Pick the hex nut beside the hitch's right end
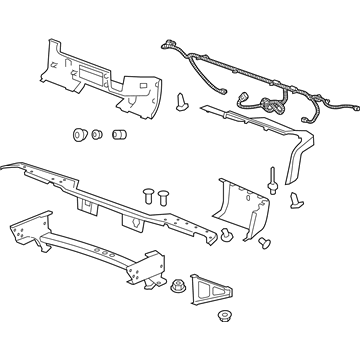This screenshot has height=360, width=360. pyautogui.click(x=177, y=285)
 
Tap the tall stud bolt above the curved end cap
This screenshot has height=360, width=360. pyautogui.click(x=272, y=181)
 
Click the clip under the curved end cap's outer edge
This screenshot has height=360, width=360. pyautogui.click(x=264, y=243)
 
